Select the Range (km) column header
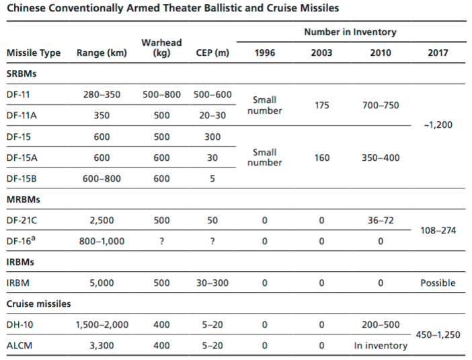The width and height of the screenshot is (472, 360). (102, 53)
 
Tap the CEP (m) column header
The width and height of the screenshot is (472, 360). (212, 53)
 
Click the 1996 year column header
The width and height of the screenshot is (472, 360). (265, 53)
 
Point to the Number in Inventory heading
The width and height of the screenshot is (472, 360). (350, 32)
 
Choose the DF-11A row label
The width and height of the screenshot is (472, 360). (22, 115)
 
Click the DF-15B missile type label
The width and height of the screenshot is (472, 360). (22, 178)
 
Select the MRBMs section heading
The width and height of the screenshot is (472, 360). (23, 200)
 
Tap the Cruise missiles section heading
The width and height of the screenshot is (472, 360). (38, 303)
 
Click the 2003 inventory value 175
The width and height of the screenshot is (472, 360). (322, 105)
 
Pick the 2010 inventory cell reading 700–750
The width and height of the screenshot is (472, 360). (381, 105)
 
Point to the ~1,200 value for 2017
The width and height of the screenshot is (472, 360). (438, 124)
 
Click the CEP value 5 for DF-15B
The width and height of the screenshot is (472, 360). (212, 178)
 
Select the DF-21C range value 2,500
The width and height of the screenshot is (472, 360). (102, 221)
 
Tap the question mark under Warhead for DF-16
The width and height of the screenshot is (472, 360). (161, 242)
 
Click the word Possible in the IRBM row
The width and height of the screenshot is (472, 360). (438, 283)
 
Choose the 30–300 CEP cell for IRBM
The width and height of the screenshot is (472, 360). (212, 283)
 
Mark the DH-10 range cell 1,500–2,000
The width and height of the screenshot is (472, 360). (102, 325)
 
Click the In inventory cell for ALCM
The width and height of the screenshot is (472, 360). (381, 346)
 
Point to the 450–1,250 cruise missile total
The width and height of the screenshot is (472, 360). (438, 334)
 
